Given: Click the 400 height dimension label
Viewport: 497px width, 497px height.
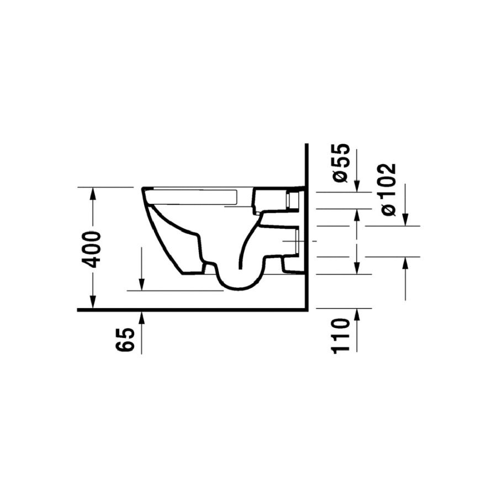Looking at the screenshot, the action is pos(91,250).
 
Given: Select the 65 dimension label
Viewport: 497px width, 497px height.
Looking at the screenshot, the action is pos(125,340).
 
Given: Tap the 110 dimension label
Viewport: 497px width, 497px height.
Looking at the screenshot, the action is pos(340,336).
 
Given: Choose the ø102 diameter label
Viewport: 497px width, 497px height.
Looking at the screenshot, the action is pos(389,189).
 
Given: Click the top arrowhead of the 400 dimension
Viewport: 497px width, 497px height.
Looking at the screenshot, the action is pos(93,193).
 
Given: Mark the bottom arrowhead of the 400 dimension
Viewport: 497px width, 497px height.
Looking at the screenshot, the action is pos(93,302).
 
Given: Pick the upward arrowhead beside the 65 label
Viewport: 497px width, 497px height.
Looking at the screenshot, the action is pos(141,318).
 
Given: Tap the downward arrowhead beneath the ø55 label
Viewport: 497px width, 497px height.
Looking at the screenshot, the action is pos(357,186).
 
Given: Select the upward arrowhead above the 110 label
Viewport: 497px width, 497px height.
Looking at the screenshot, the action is pos(357,314).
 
